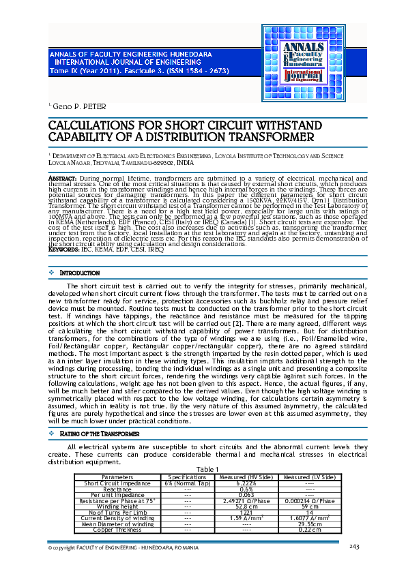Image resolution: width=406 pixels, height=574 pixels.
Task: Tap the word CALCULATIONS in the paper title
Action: (x=93, y=126)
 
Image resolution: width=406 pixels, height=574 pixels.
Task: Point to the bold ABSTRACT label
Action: (x=61, y=177)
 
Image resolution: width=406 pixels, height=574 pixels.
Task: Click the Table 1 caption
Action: (x=207, y=469)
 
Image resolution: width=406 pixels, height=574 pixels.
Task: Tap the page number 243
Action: (x=353, y=547)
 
